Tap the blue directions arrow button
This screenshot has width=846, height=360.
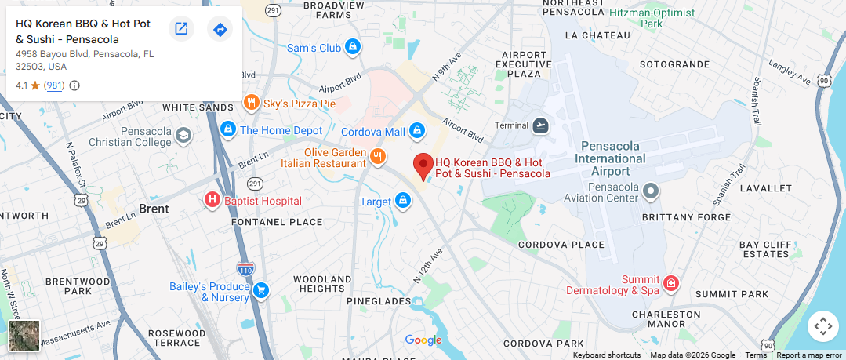220,29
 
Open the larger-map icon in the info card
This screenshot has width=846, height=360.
181,29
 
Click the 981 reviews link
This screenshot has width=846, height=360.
54,85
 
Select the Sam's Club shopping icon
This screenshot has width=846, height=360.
353,48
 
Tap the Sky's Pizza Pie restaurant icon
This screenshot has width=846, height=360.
251,103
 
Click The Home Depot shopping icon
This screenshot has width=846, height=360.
228,129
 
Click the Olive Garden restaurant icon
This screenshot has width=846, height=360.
378,156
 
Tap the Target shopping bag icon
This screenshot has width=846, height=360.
403,202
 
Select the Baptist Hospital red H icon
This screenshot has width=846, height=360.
212,201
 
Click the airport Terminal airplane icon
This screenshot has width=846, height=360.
541,125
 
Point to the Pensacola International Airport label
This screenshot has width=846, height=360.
611,158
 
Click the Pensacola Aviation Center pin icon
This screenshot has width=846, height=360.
651,191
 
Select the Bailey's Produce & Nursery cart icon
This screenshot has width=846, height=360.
261,291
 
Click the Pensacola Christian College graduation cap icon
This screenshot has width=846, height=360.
183,136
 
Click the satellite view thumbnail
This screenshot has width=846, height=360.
24,335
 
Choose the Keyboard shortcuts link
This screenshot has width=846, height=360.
606,355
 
